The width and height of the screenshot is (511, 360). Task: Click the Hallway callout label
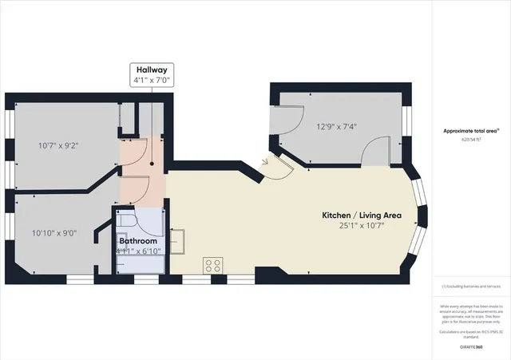click(x=150, y=70)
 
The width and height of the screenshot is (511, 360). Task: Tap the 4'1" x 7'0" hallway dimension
click(x=150, y=80)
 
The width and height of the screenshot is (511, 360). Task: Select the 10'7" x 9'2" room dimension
click(x=58, y=145)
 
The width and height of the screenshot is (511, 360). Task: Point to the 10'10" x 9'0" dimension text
click(x=54, y=233)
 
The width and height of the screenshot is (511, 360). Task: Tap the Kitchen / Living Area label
click(x=361, y=216)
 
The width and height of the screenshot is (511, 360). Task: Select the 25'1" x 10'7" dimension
click(x=362, y=226)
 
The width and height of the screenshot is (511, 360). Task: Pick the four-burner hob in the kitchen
click(x=213, y=265)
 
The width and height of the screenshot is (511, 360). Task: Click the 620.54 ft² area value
click(x=472, y=138)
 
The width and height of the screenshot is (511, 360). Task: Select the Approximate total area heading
click(x=471, y=130)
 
